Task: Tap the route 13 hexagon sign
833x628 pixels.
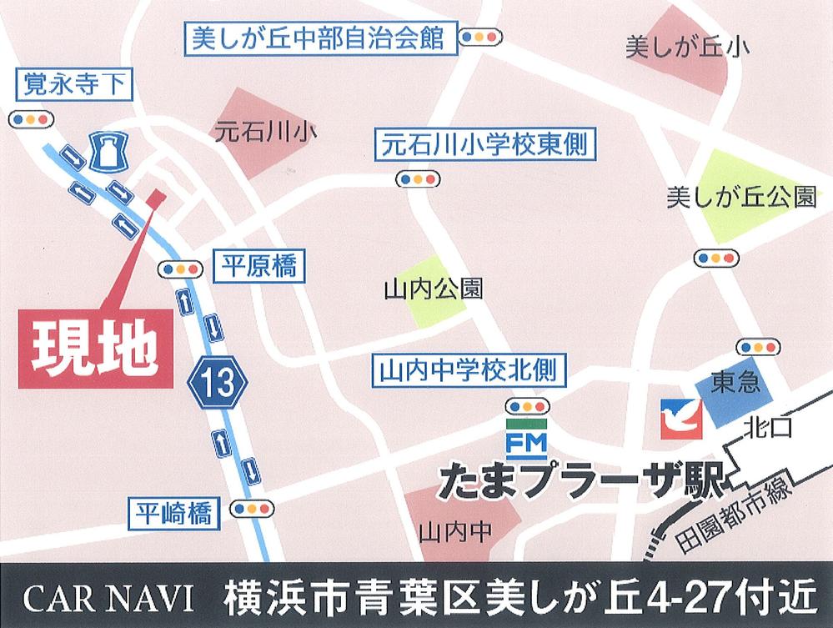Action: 218,383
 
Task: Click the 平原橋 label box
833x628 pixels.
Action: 258,266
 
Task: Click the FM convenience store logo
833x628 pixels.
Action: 525,440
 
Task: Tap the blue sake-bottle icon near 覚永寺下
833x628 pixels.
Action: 108,152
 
